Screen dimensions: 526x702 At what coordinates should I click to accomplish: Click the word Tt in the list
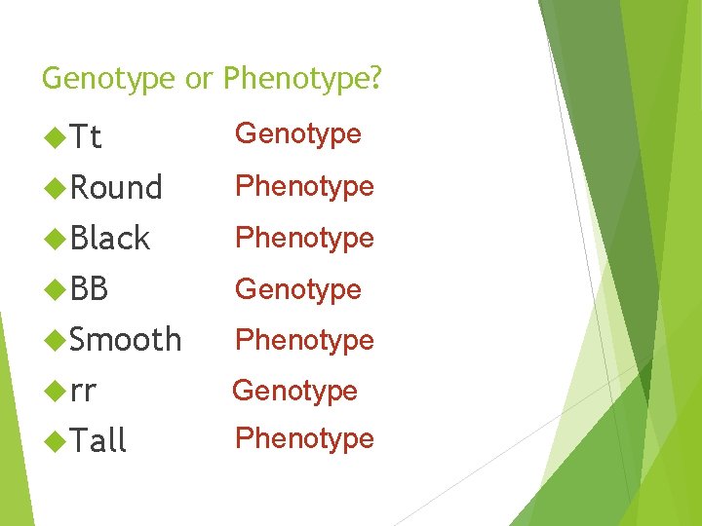(86, 138)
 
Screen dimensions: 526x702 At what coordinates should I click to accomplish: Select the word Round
(116, 187)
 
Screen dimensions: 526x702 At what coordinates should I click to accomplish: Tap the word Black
(110, 239)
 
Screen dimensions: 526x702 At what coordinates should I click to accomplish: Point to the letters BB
(89, 289)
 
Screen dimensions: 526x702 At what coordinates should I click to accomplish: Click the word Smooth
(126, 340)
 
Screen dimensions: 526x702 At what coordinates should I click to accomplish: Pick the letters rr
(83, 391)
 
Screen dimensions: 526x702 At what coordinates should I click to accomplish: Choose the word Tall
(98, 441)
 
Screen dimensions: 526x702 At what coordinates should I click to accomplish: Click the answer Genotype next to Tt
(298, 133)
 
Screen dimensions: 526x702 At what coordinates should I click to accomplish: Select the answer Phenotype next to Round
(304, 186)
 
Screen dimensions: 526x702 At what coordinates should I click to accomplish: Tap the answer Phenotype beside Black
(304, 238)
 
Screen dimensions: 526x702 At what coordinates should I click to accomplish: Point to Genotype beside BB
(298, 289)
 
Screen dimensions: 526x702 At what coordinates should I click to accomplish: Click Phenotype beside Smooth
(304, 340)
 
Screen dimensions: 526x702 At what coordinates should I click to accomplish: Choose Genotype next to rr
(294, 391)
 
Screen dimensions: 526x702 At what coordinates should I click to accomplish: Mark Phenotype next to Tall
(304, 438)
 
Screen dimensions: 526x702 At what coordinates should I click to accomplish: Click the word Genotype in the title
(109, 79)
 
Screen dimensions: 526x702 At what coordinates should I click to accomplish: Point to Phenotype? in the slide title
(302, 79)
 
